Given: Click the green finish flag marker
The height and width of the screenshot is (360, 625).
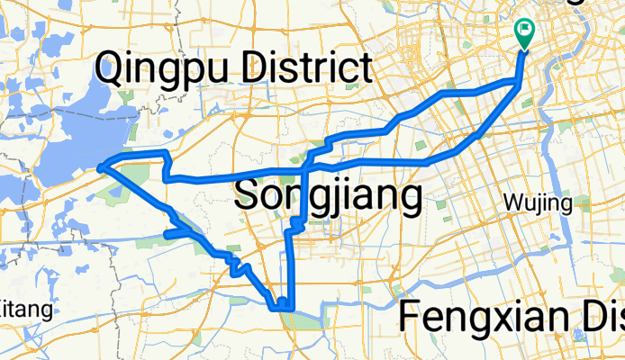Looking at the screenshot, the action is click(x=524, y=31).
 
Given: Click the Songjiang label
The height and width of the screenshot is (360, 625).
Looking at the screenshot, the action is click(x=328, y=196).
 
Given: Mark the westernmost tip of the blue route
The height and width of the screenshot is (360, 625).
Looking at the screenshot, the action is click(x=99, y=166).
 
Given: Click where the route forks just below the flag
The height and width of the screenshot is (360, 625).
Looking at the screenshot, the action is click(x=518, y=83).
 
